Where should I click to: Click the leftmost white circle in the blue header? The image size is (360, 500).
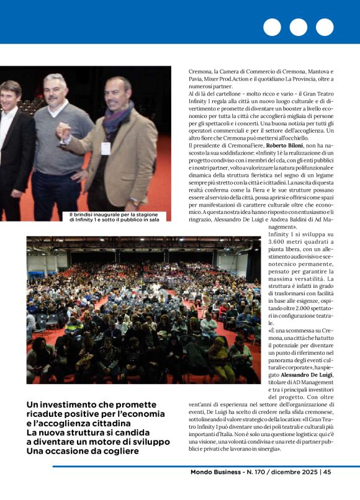272,27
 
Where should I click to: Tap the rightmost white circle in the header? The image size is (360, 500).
325,27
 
